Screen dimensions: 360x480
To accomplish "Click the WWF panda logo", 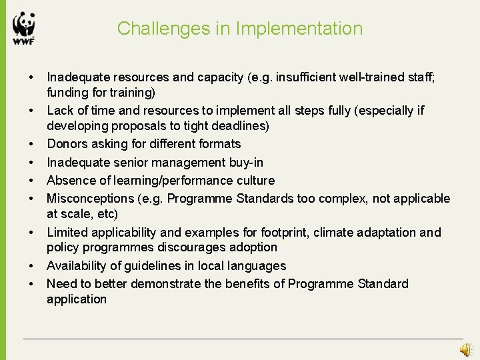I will [23, 28].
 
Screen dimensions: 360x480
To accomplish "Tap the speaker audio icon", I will [466, 349].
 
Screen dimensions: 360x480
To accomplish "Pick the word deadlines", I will [239, 126].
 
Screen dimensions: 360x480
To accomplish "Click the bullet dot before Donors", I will [31, 144].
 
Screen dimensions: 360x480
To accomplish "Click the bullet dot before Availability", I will [31, 266].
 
